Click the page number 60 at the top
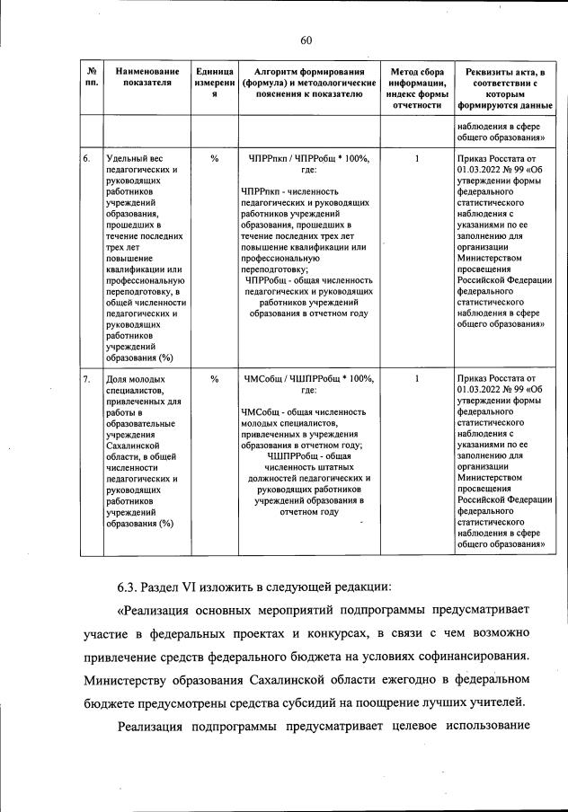click(306, 40)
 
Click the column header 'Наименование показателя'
click(142, 78)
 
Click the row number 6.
click(87, 158)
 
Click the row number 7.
click(87, 379)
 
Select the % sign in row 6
click(214, 158)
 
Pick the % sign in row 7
click(214, 379)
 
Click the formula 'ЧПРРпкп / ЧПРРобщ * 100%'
click(308, 158)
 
